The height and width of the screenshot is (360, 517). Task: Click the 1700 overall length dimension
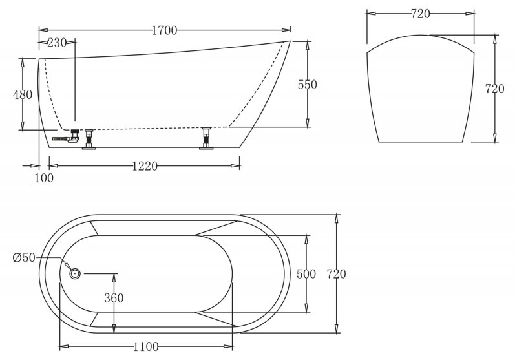coord(165,30)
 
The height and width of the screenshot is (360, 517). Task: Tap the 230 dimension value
coord(57,43)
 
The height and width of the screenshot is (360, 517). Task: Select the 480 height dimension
coord(23,94)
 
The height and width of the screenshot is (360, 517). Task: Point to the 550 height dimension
coord(308,85)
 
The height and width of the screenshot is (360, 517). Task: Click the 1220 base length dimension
coord(145,166)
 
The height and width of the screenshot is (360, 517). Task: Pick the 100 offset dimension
coord(44,178)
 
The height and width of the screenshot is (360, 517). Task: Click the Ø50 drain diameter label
coord(24,257)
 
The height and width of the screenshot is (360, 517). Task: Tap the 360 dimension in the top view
coord(114,298)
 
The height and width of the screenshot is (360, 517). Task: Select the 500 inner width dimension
coord(306,274)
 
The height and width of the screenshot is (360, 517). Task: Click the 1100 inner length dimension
coord(146,347)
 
